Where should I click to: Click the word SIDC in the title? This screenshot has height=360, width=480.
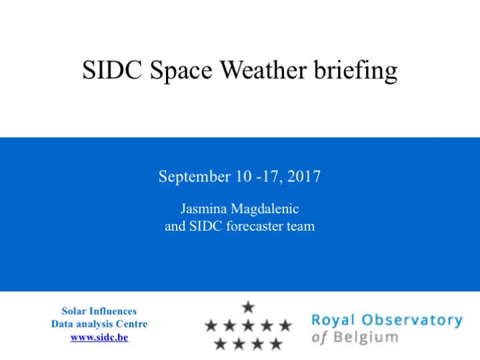(112, 70)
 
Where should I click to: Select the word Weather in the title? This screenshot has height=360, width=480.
(263, 70)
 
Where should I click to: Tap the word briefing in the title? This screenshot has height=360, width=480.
(356, 71)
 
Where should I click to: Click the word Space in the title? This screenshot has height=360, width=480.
(181, 71)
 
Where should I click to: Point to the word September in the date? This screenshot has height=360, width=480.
(195, 177)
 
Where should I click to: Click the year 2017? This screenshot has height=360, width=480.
(304, 176)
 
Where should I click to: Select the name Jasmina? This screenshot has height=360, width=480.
(203, 209)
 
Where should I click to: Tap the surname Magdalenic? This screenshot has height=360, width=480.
(265, 209)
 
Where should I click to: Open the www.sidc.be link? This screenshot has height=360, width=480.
(99, 337)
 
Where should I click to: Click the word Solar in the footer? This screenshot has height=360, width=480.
(74, 311)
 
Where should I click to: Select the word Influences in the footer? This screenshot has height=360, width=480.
(113, 311)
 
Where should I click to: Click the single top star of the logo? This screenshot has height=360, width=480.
(248, 307)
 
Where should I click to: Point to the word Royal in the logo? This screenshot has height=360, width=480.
(333, 321)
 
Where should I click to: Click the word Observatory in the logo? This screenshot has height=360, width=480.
(412, 321)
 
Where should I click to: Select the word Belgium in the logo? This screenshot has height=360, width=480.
(366, 337)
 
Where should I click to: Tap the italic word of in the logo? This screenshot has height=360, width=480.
(319, 337)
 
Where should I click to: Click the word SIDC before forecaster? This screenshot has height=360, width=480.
(205, 226)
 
